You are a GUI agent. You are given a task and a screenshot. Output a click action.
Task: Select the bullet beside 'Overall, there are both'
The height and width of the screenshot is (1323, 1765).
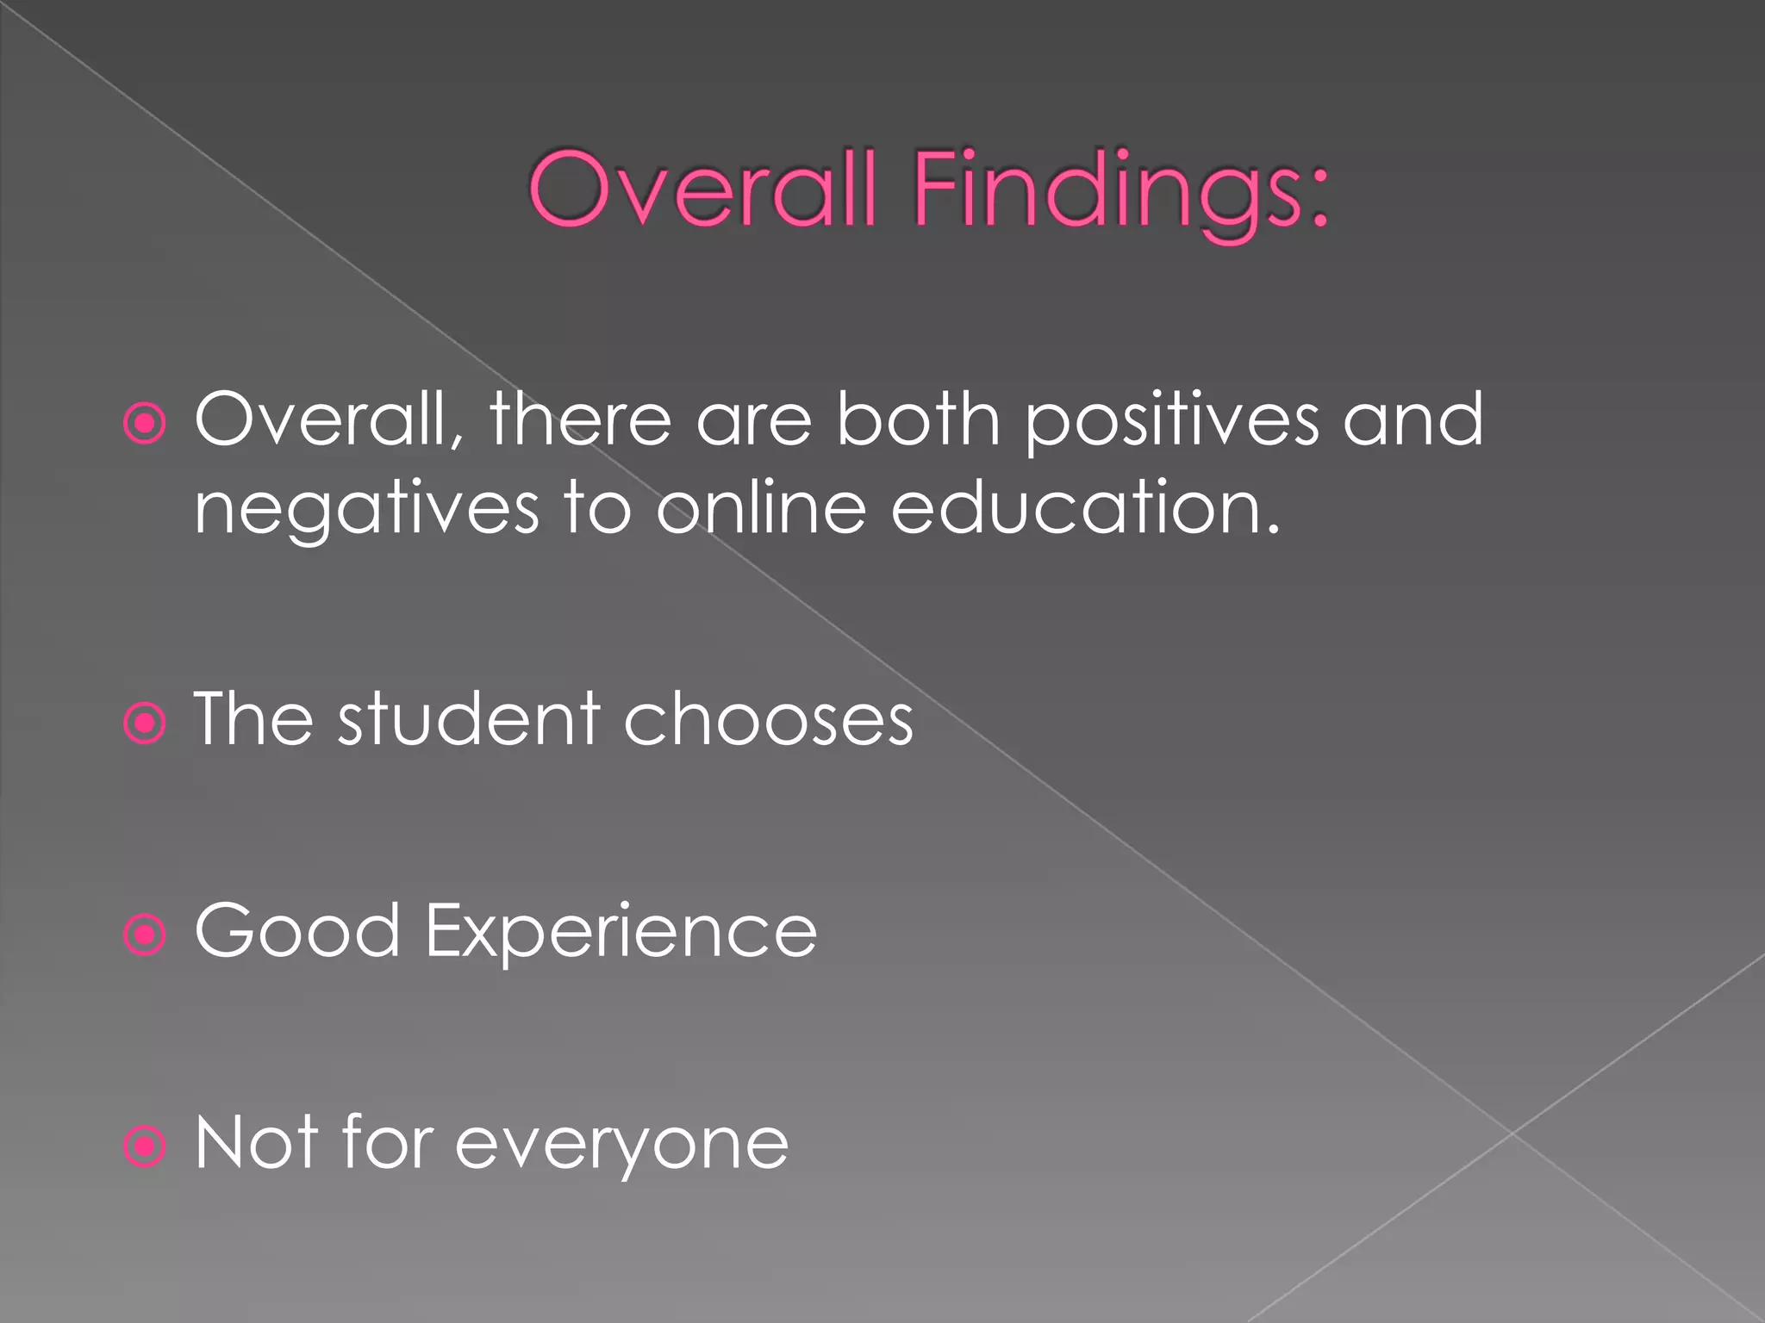coord(145,423)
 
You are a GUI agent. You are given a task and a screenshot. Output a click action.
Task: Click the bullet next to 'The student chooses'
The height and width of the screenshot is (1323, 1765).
coord(145,723)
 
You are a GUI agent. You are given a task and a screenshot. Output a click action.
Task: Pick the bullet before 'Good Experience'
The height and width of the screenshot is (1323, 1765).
coord(145,934)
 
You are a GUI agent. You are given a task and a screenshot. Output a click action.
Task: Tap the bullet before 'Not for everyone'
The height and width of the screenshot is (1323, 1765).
coord(145,1146)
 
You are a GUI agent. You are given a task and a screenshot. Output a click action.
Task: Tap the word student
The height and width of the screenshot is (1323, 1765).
coord(469,719)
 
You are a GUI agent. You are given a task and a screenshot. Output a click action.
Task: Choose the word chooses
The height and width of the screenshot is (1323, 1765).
coord(768,719)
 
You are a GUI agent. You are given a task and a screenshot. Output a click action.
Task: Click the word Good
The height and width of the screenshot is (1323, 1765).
coord(297,931)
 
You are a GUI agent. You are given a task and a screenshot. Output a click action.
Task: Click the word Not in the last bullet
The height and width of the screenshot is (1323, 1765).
coord(257,1143)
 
